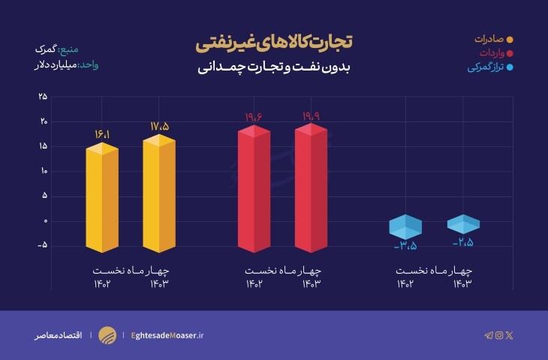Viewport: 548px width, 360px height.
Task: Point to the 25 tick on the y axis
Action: coord(43,96)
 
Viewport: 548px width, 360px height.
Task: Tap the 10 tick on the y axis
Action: coord(43,171)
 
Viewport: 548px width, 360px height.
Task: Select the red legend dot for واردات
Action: coord(510,53)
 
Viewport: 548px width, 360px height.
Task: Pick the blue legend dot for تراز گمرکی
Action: coord(510,67)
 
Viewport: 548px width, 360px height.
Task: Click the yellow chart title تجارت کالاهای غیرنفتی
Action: coord(274,43)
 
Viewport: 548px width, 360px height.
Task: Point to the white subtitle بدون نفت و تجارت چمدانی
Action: coord(274,67)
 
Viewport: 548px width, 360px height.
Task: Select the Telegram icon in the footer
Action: coord(489,335)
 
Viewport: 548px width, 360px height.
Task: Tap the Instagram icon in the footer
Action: coord(499,335)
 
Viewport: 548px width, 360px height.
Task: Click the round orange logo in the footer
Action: coord(108,335)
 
